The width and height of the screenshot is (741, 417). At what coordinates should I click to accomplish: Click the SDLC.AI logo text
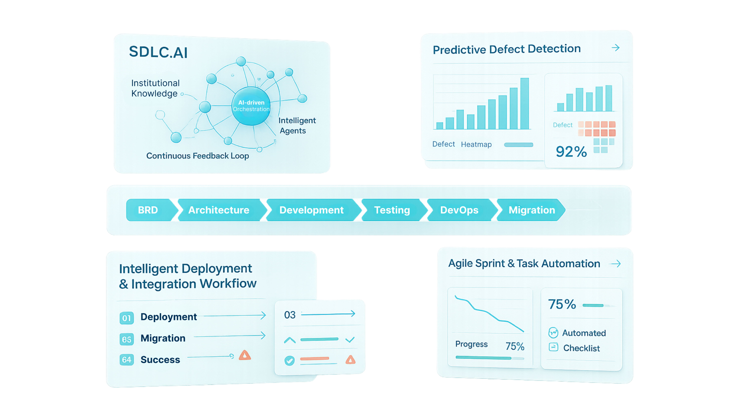[x=158, y=52]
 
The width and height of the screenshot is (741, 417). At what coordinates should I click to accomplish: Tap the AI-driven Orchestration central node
[x=251, y=106]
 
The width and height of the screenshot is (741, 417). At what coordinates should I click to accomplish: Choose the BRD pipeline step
[x=148, y=210]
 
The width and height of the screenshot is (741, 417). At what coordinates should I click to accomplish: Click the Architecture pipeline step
[x=219, y=210]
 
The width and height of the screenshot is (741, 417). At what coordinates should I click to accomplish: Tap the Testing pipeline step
[x=392, y=210]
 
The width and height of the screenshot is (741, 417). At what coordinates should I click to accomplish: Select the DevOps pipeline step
[x=459, y=210]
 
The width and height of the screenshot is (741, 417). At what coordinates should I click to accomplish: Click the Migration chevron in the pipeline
[x=532, y=210]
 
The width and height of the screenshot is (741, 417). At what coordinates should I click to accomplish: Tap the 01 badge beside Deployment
[x=127, y=318]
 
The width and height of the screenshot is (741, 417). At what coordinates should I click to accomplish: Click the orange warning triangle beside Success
[x=245, y=356]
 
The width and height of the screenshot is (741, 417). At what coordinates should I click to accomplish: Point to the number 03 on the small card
[x=290, y=315]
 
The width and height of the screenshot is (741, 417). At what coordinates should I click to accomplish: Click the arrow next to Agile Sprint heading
[x=616, y=264]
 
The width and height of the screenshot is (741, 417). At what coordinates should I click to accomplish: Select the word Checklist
[x=581, y=348]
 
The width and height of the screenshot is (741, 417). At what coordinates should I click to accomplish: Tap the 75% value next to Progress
[x=515, y=346]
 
